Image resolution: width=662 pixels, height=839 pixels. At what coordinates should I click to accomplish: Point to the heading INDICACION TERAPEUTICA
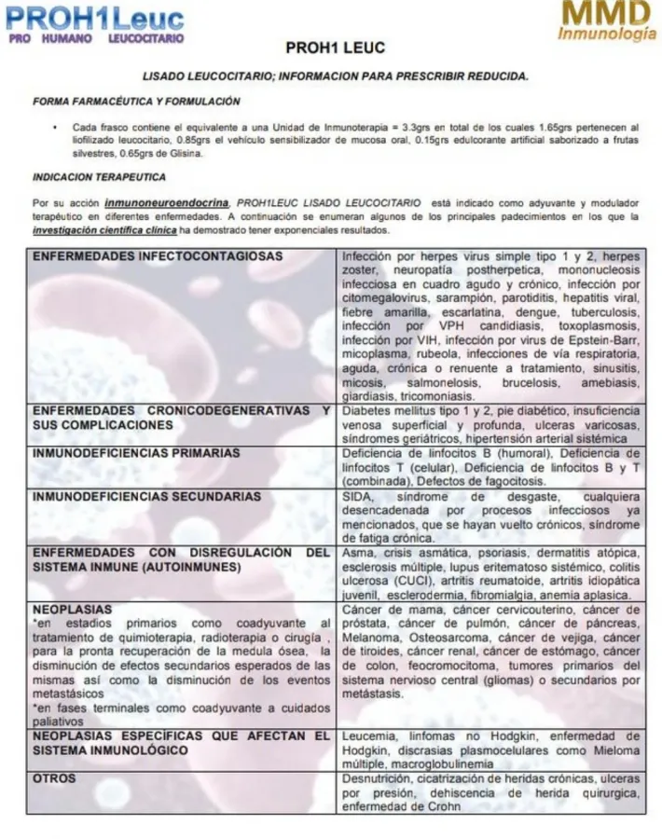[x=99, y=176]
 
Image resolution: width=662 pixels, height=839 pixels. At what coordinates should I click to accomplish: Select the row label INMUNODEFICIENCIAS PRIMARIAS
[x=137, y=453]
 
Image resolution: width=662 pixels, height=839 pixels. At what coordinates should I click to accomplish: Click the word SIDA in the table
[x=358, y=496]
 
